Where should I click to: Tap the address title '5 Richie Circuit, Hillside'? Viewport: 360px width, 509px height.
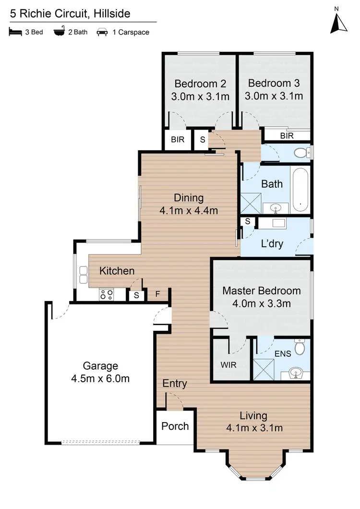(70, 13)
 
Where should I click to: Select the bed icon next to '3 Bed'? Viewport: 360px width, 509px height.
(15, 33)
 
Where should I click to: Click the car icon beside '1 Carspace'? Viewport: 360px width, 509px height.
(102, 33)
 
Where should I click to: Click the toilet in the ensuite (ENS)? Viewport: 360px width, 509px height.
(300, 347)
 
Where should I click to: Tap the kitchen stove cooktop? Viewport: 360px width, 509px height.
(106, 294)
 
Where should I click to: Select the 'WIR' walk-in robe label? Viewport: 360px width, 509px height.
(228, 364)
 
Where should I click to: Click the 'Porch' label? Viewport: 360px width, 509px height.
(175, 426)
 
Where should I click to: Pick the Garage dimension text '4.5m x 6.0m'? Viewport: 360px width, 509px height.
(100, 378)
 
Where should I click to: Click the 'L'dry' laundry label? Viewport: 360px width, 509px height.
(272, 244)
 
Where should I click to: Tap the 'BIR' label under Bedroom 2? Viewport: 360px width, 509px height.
(175, 140)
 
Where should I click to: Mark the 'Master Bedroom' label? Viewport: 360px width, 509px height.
(262, 291)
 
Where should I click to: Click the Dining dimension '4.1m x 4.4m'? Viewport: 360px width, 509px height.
(189, 210)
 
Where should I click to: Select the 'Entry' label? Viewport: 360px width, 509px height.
(175, 383)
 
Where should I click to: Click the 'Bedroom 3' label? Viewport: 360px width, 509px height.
(274, 83)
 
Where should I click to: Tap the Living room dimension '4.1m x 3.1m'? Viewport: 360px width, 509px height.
(254, 428)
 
